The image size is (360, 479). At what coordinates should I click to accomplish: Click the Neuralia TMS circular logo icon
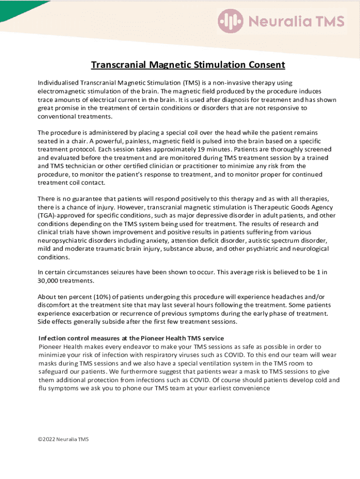[230, 21]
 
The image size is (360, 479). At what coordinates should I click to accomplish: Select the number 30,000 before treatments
[50, 281]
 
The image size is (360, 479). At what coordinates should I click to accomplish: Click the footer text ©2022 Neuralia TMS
[63, 439]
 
